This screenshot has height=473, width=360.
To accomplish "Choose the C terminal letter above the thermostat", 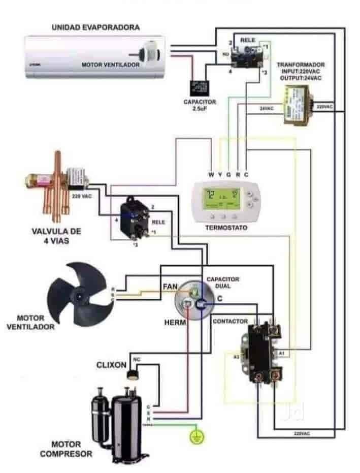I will click(246, 175).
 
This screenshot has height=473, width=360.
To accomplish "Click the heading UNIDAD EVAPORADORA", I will click(95, 27).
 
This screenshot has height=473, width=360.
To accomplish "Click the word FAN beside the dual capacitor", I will click(170, 287).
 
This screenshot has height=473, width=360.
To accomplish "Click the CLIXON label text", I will click(111, 365).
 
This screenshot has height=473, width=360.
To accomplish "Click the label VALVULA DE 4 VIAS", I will click(56, 236).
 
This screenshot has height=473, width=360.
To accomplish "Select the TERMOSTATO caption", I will click(226, 228).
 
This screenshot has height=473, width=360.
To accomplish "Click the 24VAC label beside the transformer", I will click(267, 108).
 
